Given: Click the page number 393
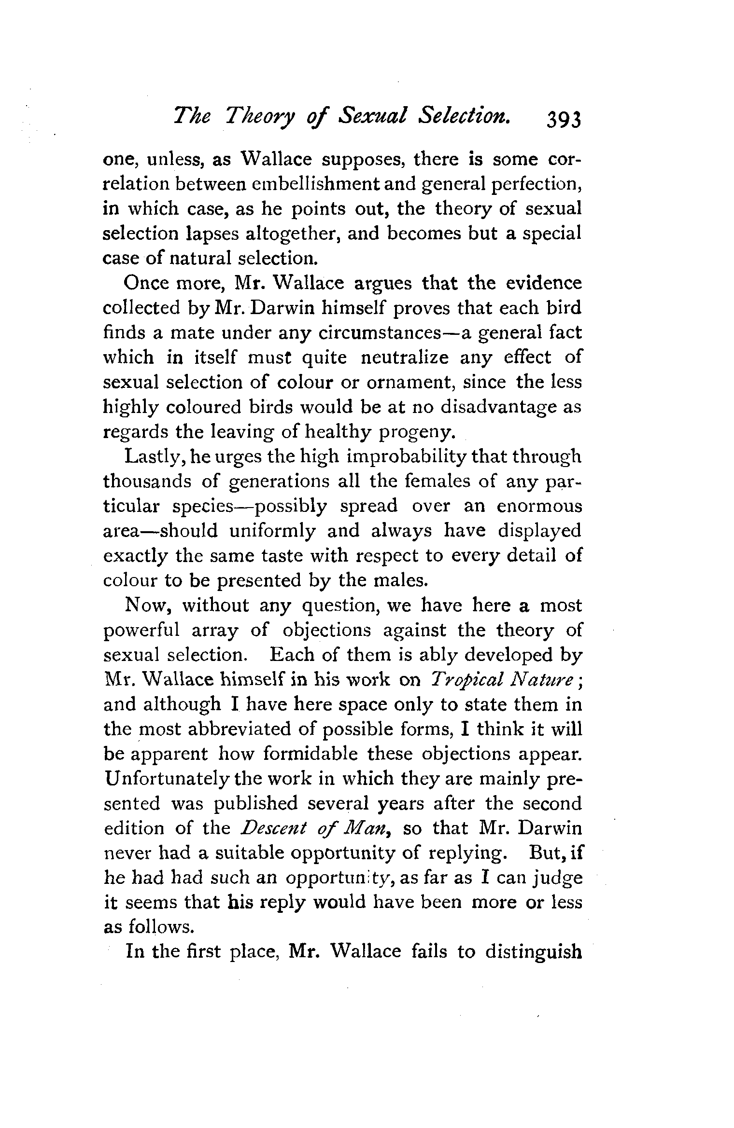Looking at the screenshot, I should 564,118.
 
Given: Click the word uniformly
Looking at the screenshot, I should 273,531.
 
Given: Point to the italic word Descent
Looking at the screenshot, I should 273,828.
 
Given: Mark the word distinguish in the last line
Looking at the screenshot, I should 534,951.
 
